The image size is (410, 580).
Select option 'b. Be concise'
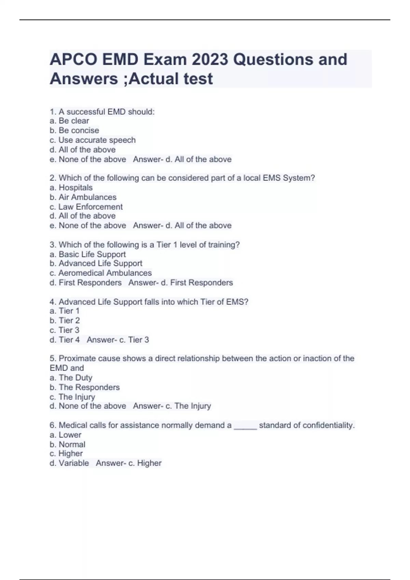tap(74, 130)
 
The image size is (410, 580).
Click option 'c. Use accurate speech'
tap(92, 140)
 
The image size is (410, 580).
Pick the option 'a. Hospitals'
tap(71, 187)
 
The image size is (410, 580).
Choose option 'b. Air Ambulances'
tap(83, 197)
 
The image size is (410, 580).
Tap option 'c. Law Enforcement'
tap(86, 207)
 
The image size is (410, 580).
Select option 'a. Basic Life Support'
tap(87, 254)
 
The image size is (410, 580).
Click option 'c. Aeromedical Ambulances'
tap(100, 273)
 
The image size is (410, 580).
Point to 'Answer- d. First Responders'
tap(180, 282)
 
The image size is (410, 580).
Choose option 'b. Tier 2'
tap(65, 320)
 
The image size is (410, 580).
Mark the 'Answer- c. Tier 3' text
tap(118, 339)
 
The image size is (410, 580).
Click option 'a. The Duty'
tap(71, 377)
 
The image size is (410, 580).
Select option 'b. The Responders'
tap(84, 387)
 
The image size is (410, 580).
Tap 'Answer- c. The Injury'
tap(172, 406)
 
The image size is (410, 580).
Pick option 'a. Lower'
tap(65, 435)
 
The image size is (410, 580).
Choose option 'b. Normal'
tap(67, 444)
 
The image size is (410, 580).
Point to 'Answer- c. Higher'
tap(128, 463)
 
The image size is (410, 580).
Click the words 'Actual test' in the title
tap(171, 79)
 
